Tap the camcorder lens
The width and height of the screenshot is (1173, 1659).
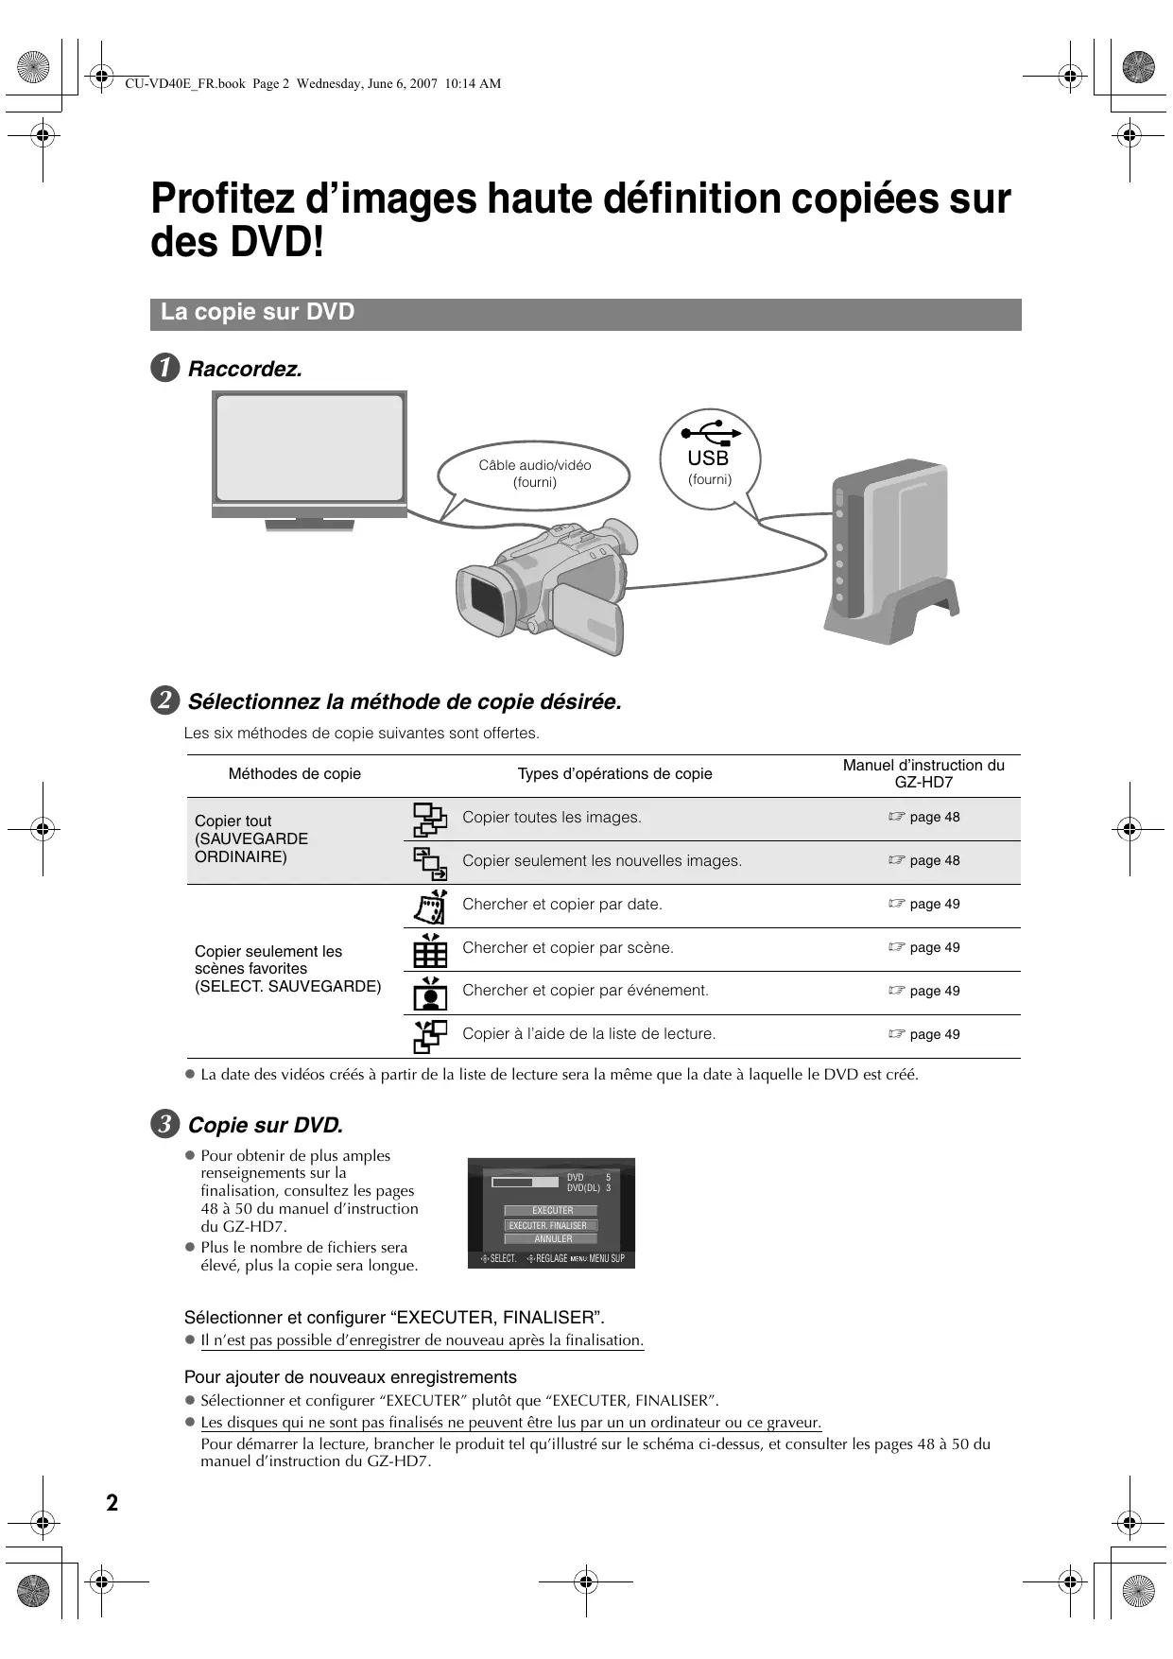487,600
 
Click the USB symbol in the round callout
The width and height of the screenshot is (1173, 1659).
711,435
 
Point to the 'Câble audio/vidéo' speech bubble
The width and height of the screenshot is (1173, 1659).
534,474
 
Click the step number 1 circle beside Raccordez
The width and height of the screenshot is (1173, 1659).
165,369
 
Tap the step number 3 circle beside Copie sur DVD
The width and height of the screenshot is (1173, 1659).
165,1125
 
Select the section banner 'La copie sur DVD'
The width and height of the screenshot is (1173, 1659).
585,314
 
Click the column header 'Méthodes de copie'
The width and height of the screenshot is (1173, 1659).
295,774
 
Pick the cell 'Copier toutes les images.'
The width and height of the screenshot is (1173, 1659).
552,818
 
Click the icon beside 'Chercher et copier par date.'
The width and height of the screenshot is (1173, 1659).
430,906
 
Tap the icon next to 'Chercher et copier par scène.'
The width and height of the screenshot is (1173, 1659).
430,949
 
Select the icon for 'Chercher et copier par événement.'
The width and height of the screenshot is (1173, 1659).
430,993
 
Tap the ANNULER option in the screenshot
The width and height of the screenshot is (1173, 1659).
552,1238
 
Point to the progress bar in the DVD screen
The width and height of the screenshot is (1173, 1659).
526,1182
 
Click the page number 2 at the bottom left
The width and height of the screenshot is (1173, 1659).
112,1503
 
